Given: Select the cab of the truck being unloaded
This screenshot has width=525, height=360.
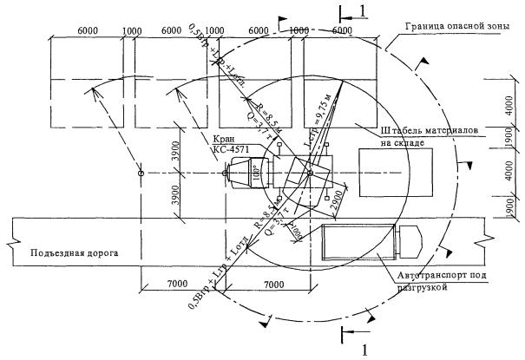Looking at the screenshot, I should (409, 242).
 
